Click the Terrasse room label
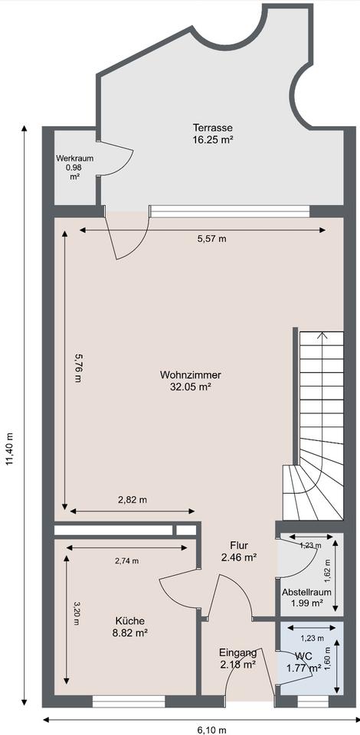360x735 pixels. [x=213, y=128]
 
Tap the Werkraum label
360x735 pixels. [x=74, y=158]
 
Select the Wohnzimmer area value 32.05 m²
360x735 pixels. [x=190, y=387]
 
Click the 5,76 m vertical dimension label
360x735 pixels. [x=78, y=368]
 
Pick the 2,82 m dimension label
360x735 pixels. [x=133, y=500]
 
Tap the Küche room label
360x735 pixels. [x=130, y=621]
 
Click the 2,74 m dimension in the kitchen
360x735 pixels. [x=126, y=560]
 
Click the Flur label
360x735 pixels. [x=238, y=545]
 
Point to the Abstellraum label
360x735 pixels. [x=306, y=592]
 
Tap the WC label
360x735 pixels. [x=303, y=655]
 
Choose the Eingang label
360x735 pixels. [x=238, y=652]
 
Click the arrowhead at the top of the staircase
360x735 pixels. [x=322, y=335]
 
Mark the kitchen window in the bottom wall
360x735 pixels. [x=129, y=701]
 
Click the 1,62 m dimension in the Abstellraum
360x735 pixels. [x=328, y=572]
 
